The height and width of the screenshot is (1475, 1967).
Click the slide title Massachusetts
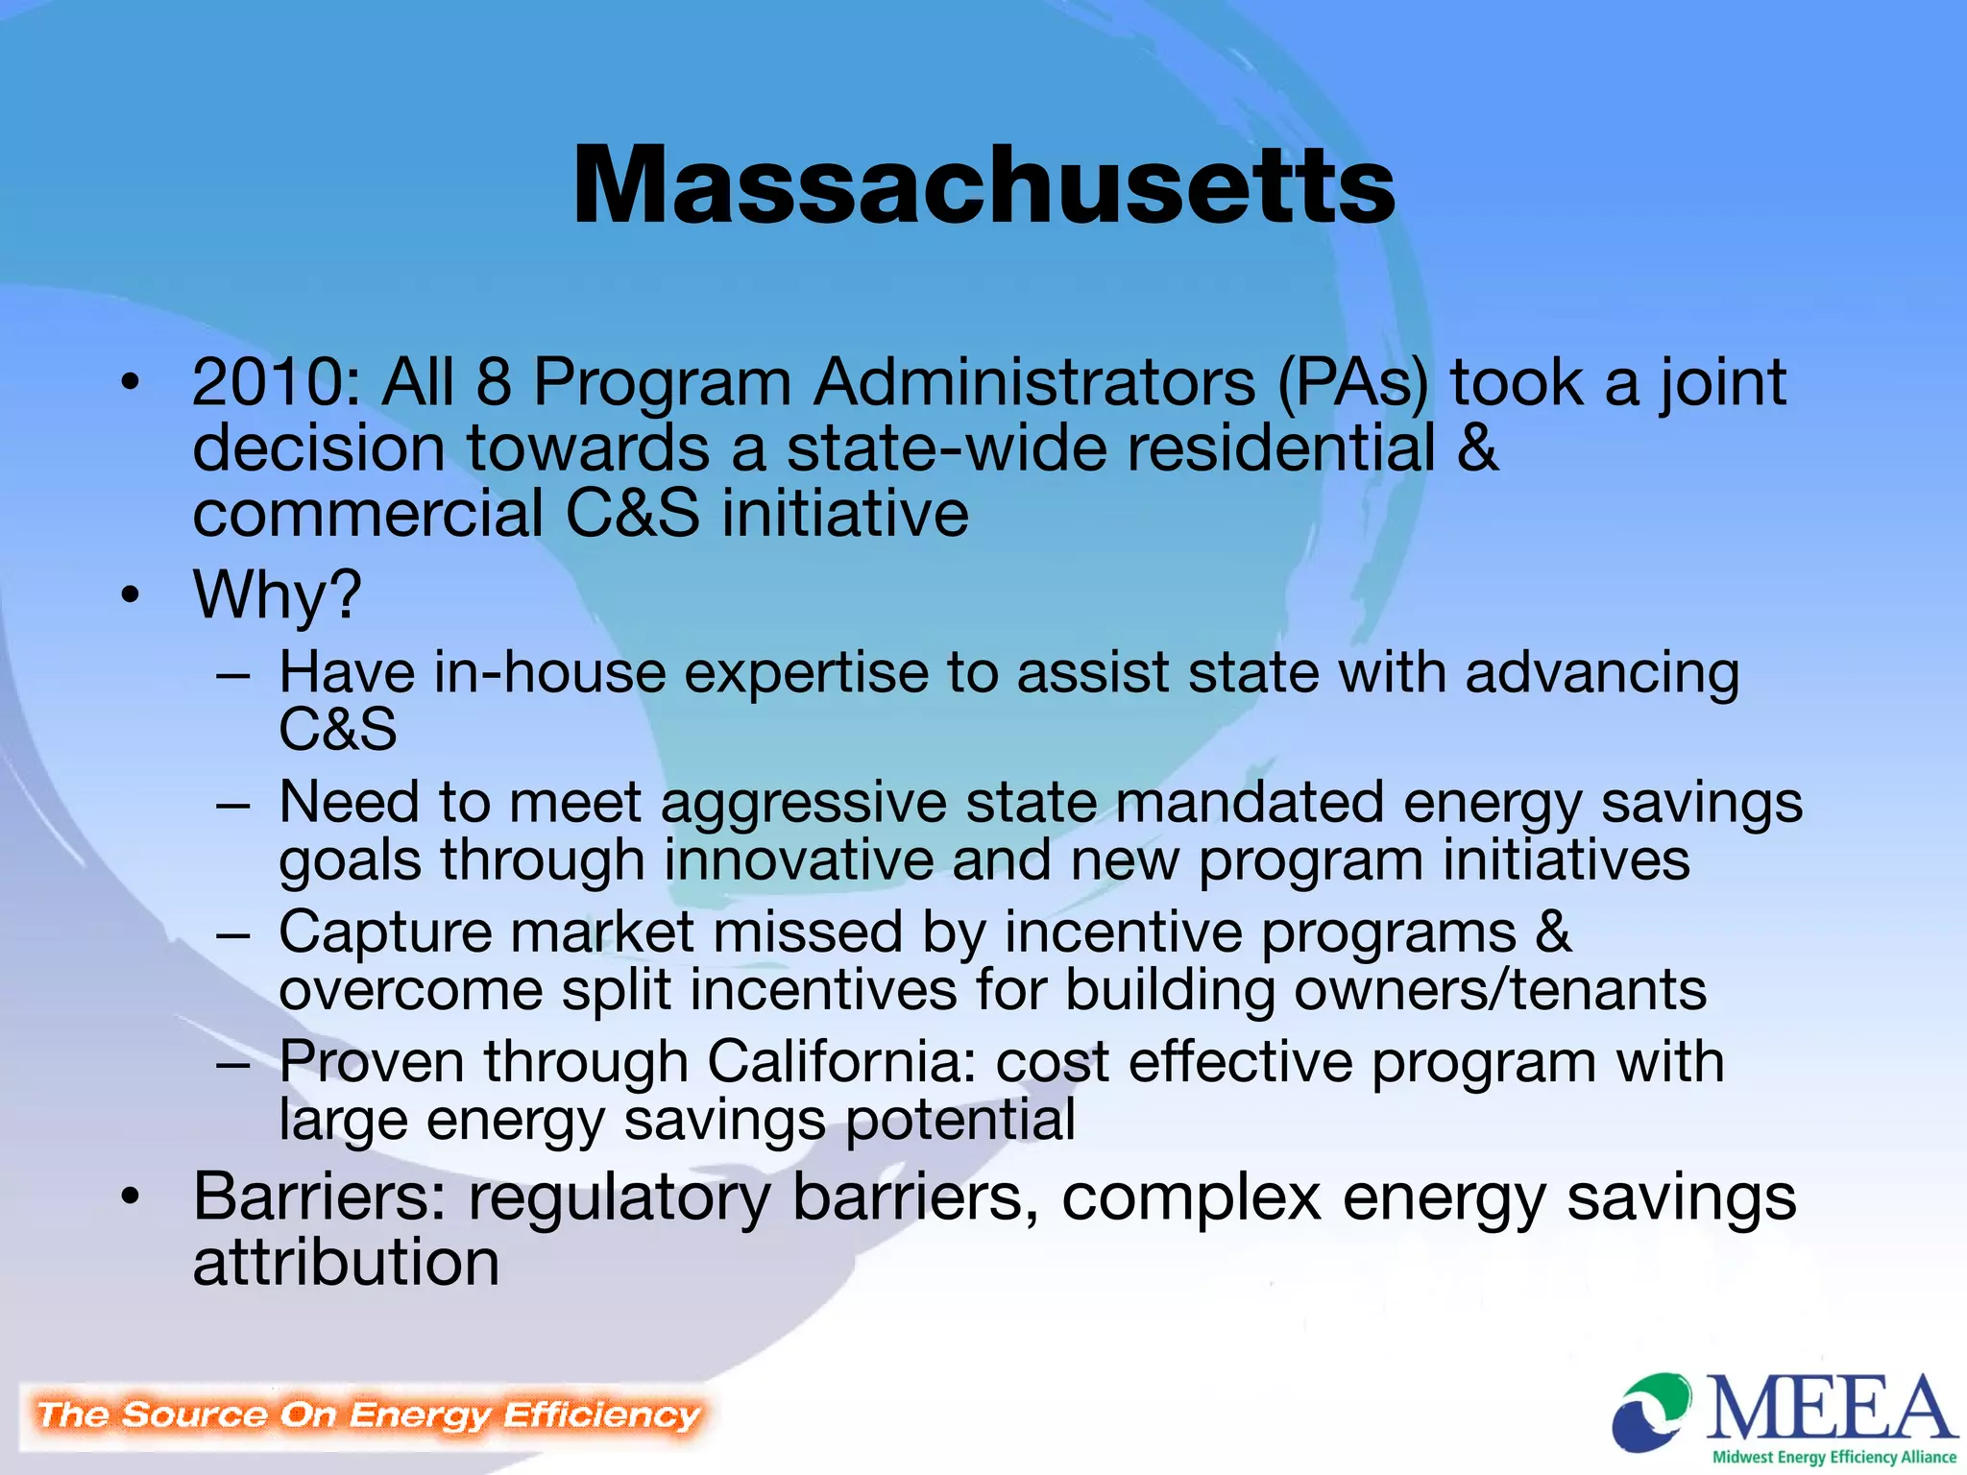[983, 184]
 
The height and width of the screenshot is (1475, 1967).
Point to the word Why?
[278, 595]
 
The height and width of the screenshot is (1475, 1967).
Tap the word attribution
[346, 1262]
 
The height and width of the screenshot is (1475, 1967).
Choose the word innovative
[798, 860]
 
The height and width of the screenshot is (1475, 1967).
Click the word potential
[960, 1120]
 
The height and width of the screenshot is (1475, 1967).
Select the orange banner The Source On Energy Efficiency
[368, 1415]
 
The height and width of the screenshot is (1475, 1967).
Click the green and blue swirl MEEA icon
[1652, 1412]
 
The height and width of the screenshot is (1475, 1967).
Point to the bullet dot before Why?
[131, 595]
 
